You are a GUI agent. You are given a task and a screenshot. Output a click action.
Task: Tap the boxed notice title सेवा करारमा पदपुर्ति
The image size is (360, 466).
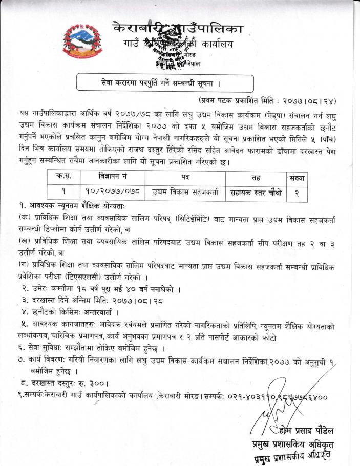(164, 82)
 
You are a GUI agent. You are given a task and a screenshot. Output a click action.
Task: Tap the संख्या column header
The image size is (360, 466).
(296, 177)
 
